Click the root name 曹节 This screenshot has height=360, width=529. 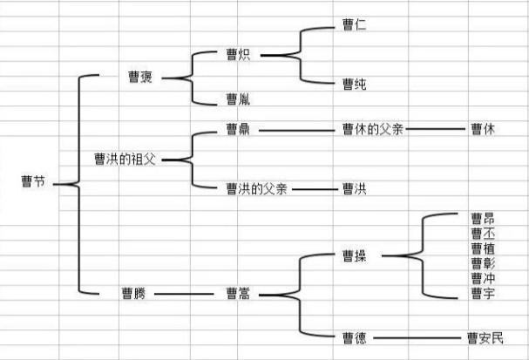32,182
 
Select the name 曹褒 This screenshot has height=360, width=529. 140,78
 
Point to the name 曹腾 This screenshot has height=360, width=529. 133,294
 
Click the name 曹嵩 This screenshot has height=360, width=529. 238,294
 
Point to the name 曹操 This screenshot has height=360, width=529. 354,256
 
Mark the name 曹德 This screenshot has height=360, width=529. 354,337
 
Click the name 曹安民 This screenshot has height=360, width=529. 485,337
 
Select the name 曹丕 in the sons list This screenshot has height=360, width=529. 482,233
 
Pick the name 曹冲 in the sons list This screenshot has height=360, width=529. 482,278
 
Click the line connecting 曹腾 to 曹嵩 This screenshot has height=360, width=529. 185,294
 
